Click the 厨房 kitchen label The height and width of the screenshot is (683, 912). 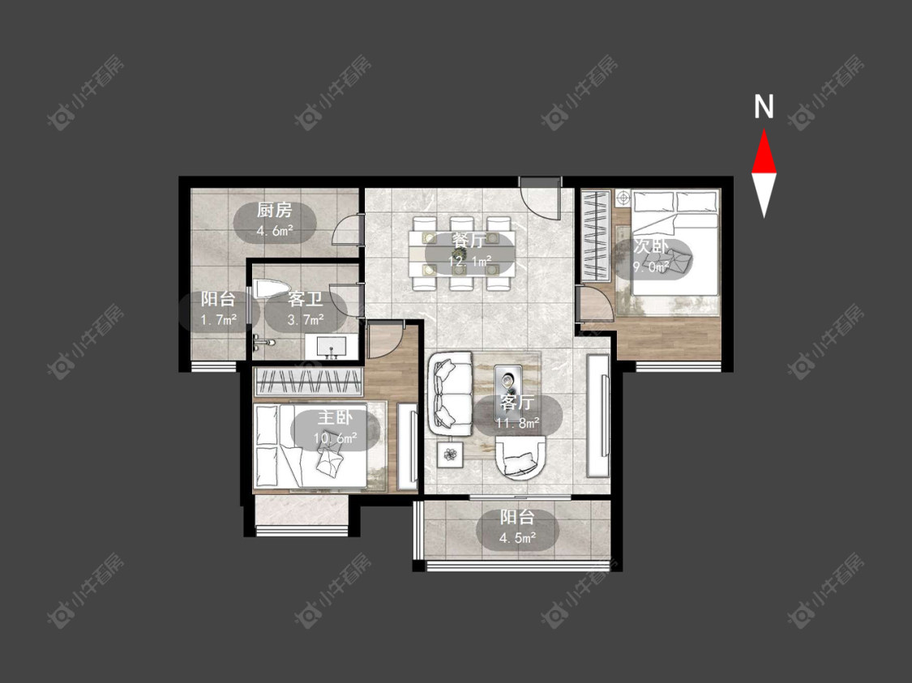point(275,210)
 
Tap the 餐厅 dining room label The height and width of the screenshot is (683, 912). point(469,241)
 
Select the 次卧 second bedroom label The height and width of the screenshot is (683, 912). point(651,246)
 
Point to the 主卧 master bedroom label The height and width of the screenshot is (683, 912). point(335,417)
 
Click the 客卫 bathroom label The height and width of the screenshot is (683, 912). point(306,299)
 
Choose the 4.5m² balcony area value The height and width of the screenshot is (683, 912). point(518,538)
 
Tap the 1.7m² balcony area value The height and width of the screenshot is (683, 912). point(219,319)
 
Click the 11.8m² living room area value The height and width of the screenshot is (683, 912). point(518,423)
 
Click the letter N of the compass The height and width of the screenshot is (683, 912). point(764,107)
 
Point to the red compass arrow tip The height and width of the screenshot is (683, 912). point(764,130)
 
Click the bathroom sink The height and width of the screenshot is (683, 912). point(332,348)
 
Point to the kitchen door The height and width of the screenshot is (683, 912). point(347,229)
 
